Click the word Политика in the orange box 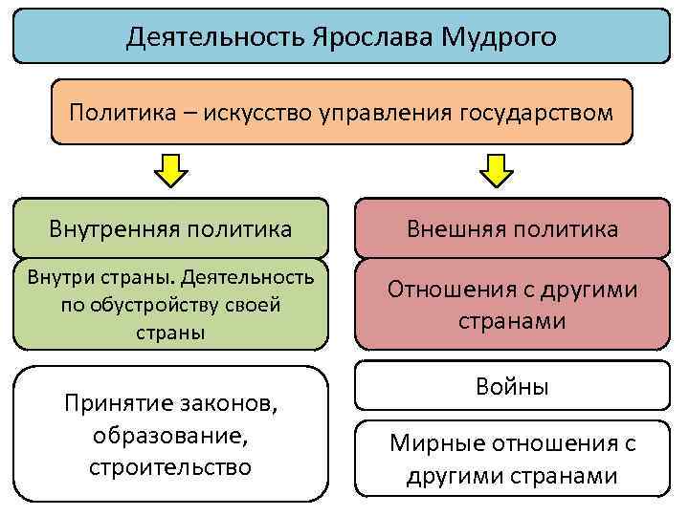(x=113, y=114)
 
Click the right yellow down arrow (x=497, y=172)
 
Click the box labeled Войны (x=513, y=388)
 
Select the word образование (x=170, y=435)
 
